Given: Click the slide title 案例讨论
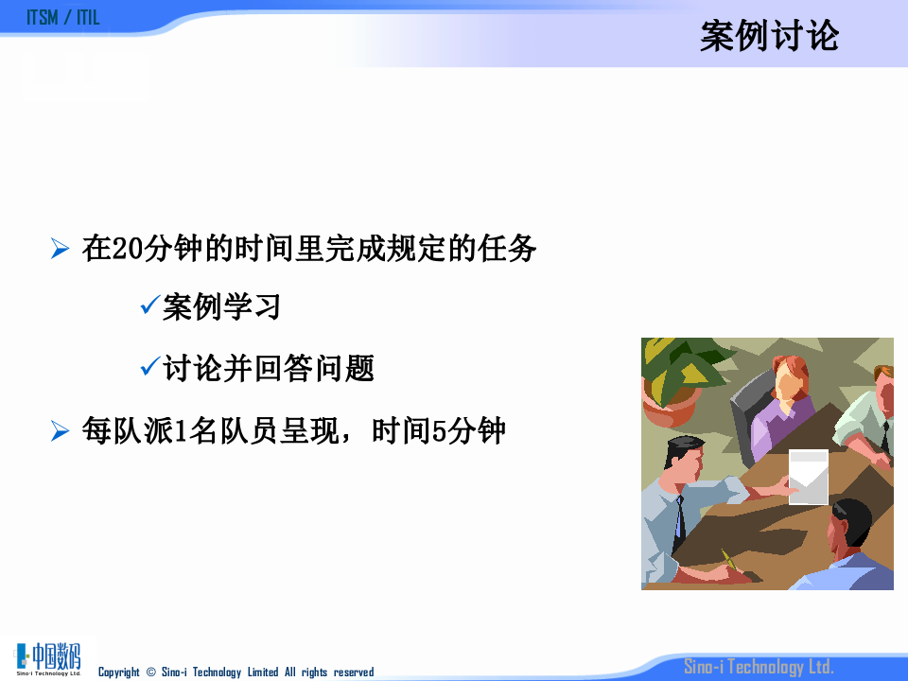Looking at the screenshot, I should click(x=769, y=37).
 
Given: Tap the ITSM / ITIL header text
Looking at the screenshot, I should click(x=63, y=18).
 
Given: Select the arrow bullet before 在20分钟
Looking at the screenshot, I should click(x=61, y=250).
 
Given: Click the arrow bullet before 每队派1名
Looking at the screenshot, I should click(x=61, y=432).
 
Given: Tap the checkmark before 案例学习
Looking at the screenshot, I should click(x=148, y=306).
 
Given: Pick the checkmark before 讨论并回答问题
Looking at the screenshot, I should click(x=148, y=367).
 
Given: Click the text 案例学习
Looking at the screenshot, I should click(x=221, y=307).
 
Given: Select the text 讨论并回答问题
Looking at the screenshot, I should click(x=269, y=369).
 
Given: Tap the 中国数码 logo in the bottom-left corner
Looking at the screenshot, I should click(x=49, y=658).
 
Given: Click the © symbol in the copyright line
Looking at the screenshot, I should click(x=149, y=672).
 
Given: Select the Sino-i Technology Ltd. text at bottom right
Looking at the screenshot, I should click(x=759, y=667).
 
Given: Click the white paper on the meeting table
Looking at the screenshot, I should click(x=808, y=476).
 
